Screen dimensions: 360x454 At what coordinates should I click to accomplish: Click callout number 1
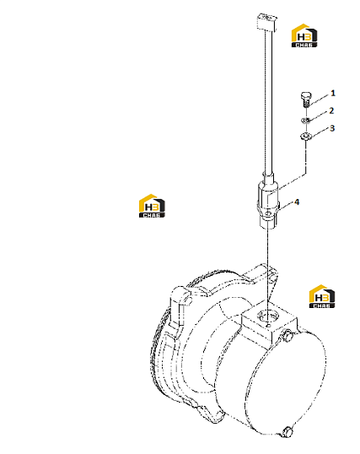coord(333,93)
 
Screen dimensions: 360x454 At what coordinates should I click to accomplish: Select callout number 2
coord(331,111)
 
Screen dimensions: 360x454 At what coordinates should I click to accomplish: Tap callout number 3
coord(332,128)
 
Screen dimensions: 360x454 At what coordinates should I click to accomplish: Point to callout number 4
coord(297,202)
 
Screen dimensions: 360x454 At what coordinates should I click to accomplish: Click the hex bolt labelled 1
coord(305,100)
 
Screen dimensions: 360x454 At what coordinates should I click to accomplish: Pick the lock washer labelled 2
coord(306,120)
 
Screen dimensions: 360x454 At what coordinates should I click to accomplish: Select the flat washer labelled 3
coord(305,136)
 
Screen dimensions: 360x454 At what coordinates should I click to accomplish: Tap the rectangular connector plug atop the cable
coord(266,22)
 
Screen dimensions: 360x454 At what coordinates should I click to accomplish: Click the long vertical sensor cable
coord(268,101)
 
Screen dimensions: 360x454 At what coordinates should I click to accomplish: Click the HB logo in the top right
coord(304,35)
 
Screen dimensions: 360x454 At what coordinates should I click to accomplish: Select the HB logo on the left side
coord(152,206)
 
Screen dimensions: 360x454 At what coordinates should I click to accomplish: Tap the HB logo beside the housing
coord(322,296)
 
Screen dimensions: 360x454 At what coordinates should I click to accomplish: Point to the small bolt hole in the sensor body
coord(269,213)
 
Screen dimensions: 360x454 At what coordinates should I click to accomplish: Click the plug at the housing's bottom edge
coord(287,431)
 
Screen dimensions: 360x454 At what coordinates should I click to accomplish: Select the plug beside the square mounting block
coord(288,335)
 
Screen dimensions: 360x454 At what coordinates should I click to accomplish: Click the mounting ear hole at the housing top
coord(272,277)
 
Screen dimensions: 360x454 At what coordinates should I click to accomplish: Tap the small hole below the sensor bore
coord(268,326)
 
